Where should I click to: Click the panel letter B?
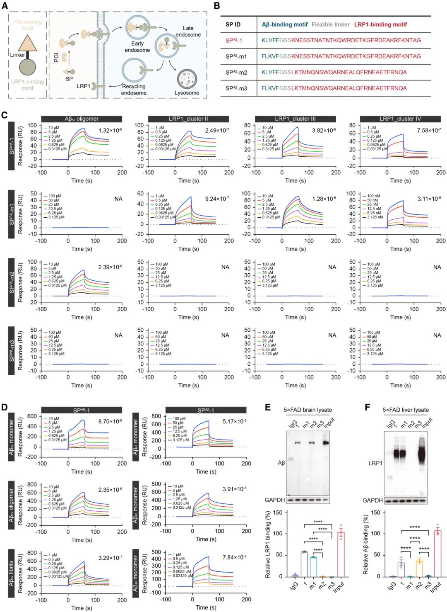(216, 6)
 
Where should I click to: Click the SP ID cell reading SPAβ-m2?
(236, 72)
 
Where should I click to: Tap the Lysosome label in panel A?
(187, 93)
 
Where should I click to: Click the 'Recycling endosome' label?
(134, 90)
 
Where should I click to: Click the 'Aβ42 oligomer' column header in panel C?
(82, 119)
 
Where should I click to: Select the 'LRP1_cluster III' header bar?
(295, 119)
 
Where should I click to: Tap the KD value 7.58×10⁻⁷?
(429, 131)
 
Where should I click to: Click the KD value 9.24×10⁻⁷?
(217, 199)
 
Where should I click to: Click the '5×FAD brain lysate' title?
(308, 410)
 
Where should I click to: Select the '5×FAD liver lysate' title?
(405, 410)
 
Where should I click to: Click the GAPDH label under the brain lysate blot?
(275, 500)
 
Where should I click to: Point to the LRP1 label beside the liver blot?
(375, 463)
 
